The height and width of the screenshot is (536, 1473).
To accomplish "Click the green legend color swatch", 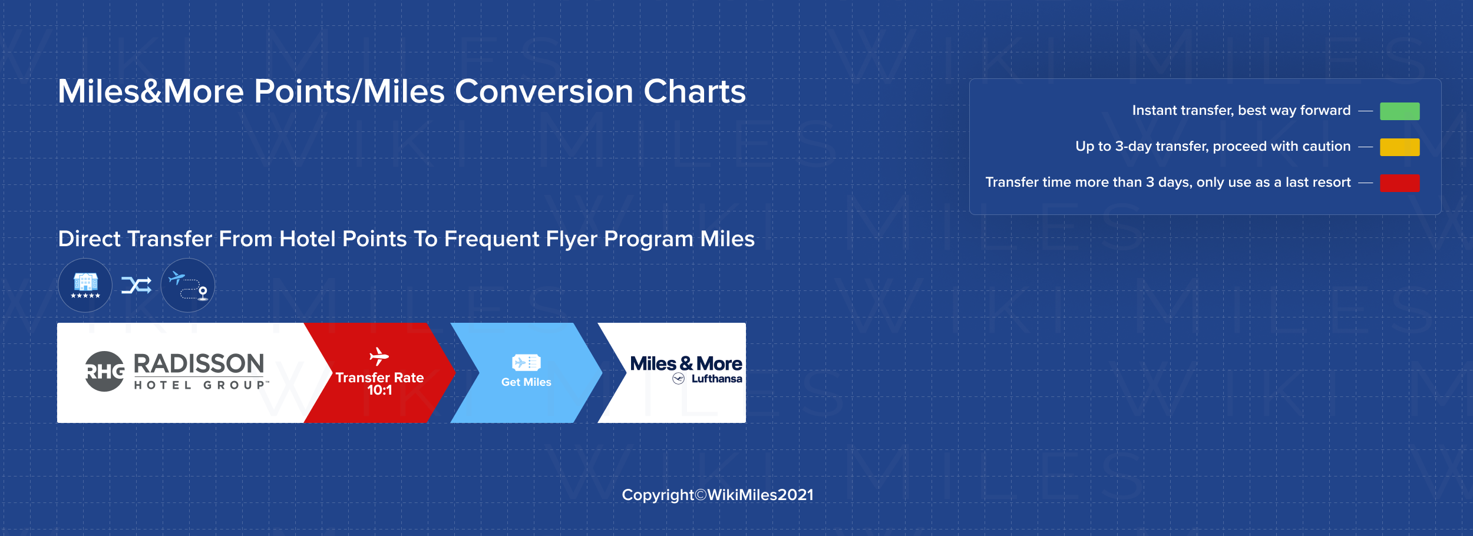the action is pos(1399,111).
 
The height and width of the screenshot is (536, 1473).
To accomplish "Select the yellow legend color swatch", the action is pos(1399,147).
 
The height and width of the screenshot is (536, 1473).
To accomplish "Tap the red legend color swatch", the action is pos(1399,183).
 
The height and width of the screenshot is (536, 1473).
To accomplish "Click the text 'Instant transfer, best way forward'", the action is pos(1241,111).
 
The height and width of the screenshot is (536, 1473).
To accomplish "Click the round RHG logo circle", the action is pos(105,371).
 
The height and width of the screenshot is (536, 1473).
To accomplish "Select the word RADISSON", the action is pos(199,364).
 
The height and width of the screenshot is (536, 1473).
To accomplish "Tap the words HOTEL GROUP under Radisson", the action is pos(200,385).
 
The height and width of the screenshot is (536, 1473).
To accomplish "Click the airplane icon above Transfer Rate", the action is pos(379,356).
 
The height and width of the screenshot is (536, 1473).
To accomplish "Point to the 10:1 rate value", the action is pos(379,391).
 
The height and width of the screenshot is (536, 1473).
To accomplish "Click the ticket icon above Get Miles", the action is pos(526,362).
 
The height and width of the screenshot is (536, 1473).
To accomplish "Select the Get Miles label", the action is pos(526,382).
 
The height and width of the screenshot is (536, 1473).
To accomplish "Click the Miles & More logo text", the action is pos(686,364).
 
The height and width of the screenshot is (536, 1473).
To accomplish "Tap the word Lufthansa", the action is pos(716,379).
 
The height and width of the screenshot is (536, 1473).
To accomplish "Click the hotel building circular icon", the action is pos(85,285).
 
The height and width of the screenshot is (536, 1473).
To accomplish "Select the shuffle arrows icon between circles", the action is pos(137,286).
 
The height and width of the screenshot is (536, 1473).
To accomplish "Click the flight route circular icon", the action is pos(188,285).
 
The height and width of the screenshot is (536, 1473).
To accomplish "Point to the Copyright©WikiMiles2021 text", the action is pos(718,495).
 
